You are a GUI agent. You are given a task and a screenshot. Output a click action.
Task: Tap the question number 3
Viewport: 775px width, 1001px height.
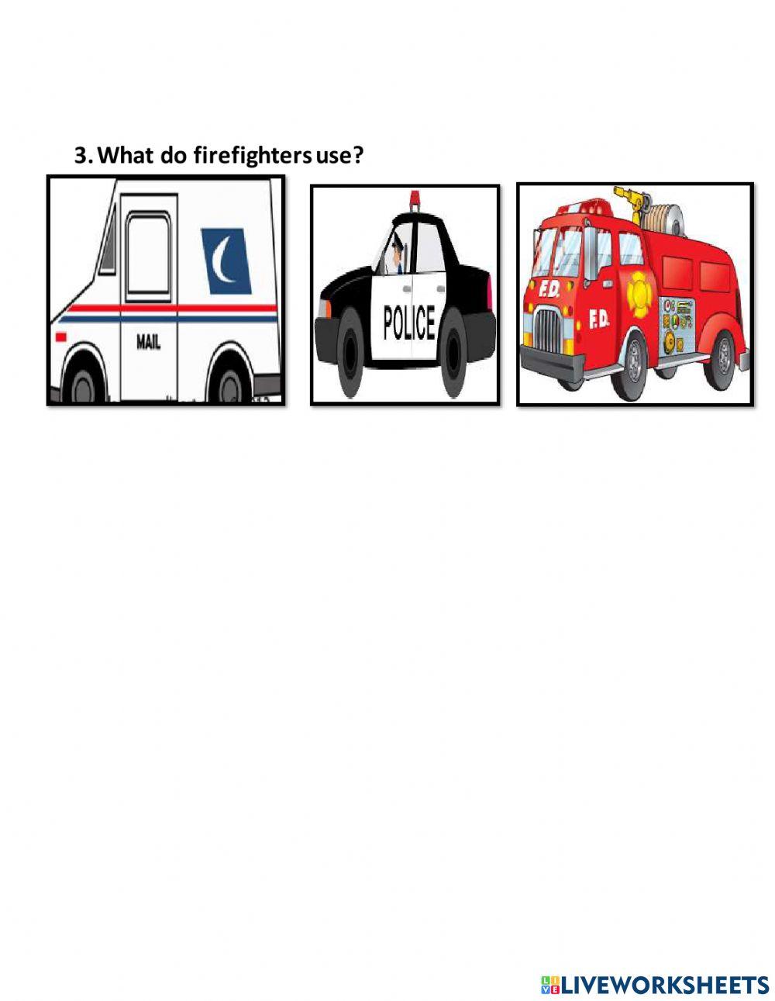(82, 156)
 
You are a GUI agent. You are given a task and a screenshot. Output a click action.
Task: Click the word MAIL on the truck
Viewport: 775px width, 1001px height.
(149, 342)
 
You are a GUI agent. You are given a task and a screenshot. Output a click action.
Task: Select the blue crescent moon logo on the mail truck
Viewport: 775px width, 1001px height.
(226, 260)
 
